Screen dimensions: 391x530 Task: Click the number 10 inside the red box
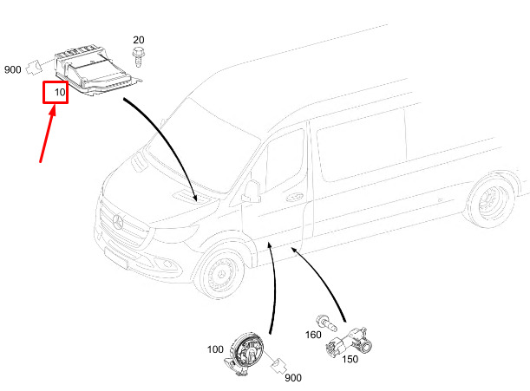(x=60, y=91)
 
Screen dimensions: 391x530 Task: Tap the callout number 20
(x=139, y=41)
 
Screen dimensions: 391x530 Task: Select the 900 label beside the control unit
(x=14, y=70)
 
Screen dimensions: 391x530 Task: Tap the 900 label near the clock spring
(x=293, y=377)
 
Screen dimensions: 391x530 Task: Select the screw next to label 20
(x=138, y=57)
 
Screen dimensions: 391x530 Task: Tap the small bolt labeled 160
(x=328, y=324)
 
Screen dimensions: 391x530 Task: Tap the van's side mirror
(x=252, y=191)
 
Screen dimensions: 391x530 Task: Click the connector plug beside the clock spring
(x=279, y=365)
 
